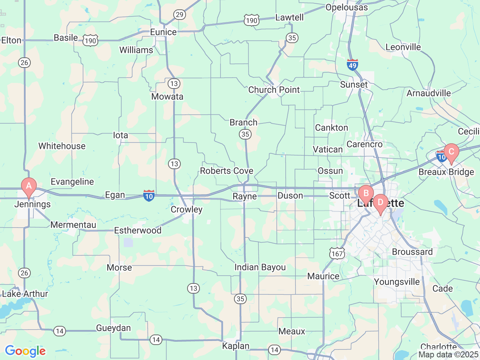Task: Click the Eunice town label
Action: (x=163, y=32)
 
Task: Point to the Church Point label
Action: (x=274, y=90)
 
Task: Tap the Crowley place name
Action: (x=186, y=210)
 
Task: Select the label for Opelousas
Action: (x=346, y=7)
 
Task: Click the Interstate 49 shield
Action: (x=352, y=65)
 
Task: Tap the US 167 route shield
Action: (x=337, y=253)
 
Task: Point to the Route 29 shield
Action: (x=180, y=15)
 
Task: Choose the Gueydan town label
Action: (x=113, y=328)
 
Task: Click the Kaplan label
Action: (x=235, y=346)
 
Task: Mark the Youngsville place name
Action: (x=397, y=282)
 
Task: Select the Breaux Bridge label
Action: (x=446, y=172)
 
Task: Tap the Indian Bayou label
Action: (x=260, y=267)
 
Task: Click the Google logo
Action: (x=25, y=351)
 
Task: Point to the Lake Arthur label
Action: (x=25, y=294)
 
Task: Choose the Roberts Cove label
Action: (x=226, y=171)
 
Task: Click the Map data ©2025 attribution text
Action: (x=448, y=354)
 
